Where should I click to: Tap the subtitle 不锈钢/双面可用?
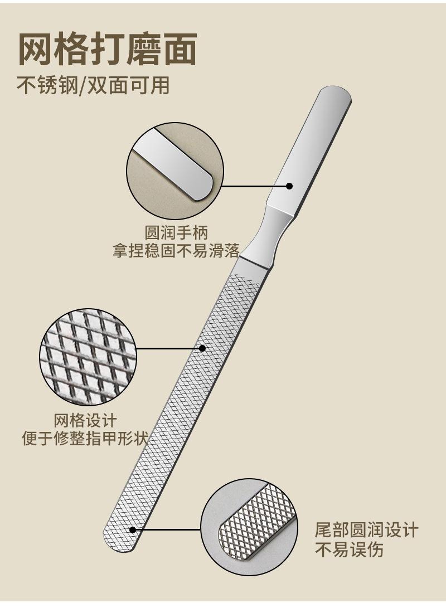pos(93,85)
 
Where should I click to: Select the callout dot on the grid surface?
pos(202,348)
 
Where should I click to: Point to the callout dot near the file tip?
pos(133,529)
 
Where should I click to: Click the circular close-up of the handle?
pos(174,171)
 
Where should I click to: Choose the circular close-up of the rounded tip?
pos(249,527)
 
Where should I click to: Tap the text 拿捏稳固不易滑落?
pos(176,251)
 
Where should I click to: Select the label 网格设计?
pos(85,420)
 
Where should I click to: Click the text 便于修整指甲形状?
pos(85,439)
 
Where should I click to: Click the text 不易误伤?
pos(350,549)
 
